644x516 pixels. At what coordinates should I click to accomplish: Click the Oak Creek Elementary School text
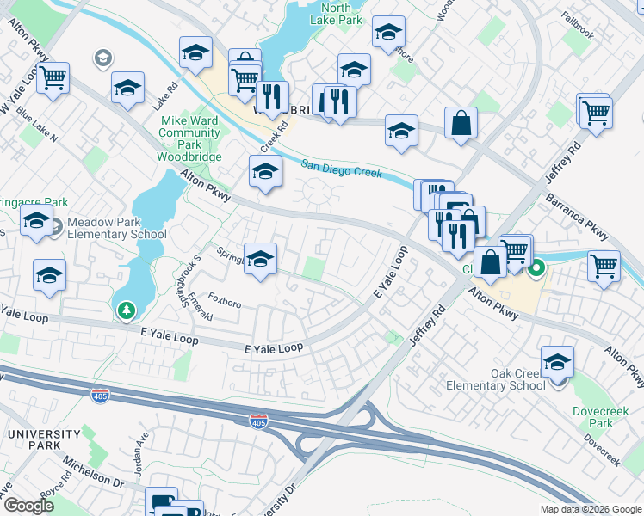point(496,379)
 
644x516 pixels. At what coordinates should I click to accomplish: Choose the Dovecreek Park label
point(593,417)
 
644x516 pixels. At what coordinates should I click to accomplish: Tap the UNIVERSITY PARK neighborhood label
point(32,439)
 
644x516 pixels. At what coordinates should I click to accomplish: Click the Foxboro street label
point(224,303)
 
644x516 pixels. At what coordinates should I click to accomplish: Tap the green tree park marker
point(127,309)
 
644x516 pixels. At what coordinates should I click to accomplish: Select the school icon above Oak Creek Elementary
point(557,362)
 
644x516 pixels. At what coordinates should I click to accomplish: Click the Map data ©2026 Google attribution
point(591,509)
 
